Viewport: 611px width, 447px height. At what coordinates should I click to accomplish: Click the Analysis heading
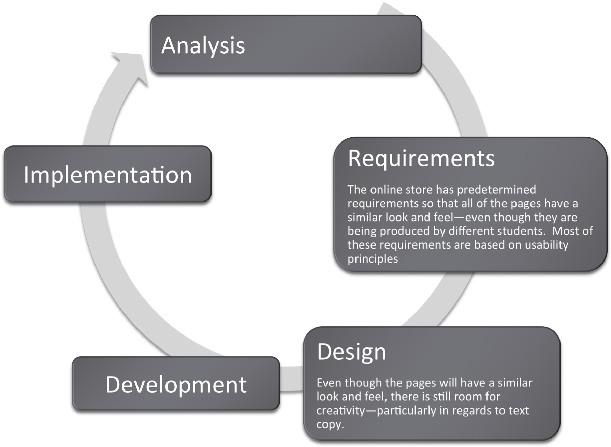pyautogui.click(x=203, y=46)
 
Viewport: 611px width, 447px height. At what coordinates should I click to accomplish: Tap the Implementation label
pyautogui.click(x=108, y=175)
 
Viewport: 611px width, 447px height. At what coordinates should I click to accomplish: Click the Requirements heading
pyautogui.click(x=421, y=159)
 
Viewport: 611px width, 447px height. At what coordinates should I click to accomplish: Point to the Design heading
pyautogui.click(x=352, y=352)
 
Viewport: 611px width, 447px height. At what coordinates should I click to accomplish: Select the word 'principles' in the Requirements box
pyautogui.click(x=373, y=259)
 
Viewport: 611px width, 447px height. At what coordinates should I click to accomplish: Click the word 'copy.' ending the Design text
pyautogui.click(x=330, y=424)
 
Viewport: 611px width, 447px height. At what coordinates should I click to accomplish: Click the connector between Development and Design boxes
pyautogui.click(x=291, y=378)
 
